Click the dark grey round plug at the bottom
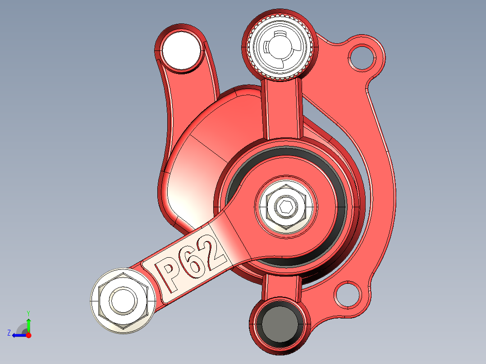point(279,324)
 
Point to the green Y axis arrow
point(28,324)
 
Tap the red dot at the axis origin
point(28,335)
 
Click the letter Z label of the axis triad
point(9,333)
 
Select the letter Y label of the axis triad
point(28,313)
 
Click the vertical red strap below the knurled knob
point(281,108)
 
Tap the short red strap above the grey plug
point(281,287)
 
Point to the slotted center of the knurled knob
point(280,46)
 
